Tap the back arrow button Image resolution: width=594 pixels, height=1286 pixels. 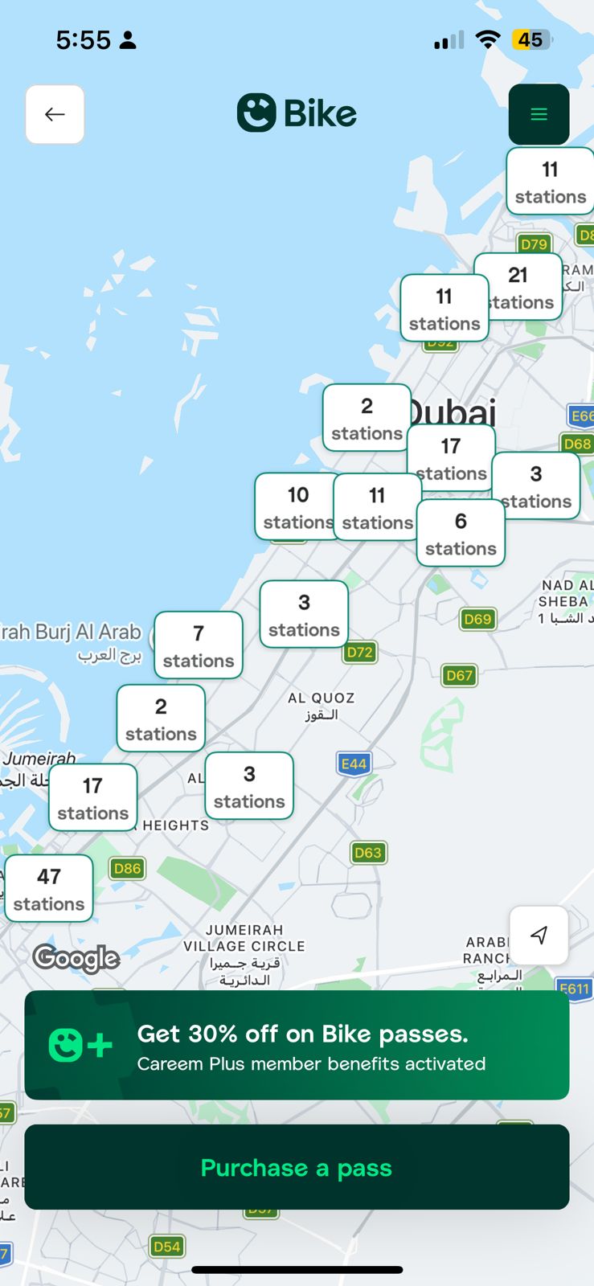55,114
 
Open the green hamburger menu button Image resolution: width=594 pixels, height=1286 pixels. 539,114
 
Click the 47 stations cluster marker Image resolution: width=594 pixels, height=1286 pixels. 49,889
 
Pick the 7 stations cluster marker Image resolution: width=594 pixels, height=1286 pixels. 199,645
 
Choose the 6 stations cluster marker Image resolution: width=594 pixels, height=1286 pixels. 461,534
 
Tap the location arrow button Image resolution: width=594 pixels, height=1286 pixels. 539,935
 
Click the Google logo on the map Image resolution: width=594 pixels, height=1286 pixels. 76,958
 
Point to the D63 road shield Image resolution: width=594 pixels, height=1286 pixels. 368,853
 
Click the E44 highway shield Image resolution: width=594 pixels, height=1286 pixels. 354,764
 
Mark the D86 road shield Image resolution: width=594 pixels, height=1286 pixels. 127,868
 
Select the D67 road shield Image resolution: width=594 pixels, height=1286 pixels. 460,675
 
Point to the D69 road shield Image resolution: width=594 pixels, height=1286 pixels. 477,619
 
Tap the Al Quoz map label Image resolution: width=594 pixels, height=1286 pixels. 321,706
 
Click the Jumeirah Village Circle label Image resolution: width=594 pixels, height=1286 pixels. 244,954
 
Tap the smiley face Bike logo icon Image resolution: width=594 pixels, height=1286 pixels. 256,113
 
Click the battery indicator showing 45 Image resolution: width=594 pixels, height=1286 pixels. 531,39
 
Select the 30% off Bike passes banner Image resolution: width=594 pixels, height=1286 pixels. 297,1045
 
